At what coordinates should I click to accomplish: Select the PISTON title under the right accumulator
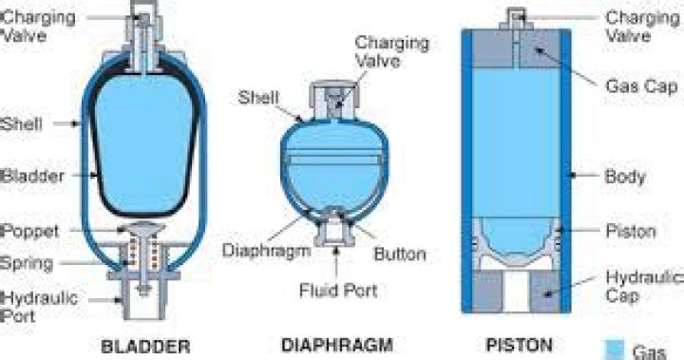(513, 345)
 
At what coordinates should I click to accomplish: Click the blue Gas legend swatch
(614, 349)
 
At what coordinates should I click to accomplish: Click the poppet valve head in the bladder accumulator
(145, 230)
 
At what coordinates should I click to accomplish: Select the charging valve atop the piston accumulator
(518, 16)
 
